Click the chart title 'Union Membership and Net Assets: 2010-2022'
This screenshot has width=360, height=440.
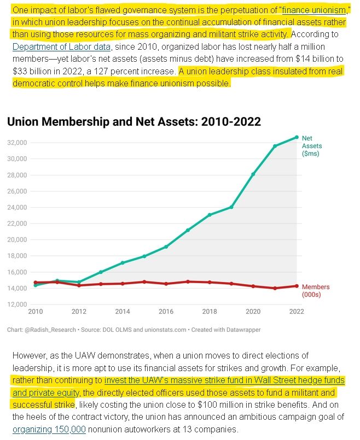(133, 121)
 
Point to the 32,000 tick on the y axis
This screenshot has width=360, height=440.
(17, 143)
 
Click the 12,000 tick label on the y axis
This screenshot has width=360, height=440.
(17, 304)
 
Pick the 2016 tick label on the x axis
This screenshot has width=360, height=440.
(166, 312)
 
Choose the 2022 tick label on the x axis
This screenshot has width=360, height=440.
(296, 312)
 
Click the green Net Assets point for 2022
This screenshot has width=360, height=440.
(297, 137)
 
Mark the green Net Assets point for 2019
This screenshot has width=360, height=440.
(231, 207)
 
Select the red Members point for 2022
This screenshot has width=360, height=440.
(297, 286)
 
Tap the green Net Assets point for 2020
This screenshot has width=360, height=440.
(253, 174)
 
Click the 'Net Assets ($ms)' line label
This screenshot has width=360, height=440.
(311, 146)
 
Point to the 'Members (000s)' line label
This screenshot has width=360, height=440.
(316, 290)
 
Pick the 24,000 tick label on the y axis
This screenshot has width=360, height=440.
(17, 207)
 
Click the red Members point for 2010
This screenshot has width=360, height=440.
(36, 283)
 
